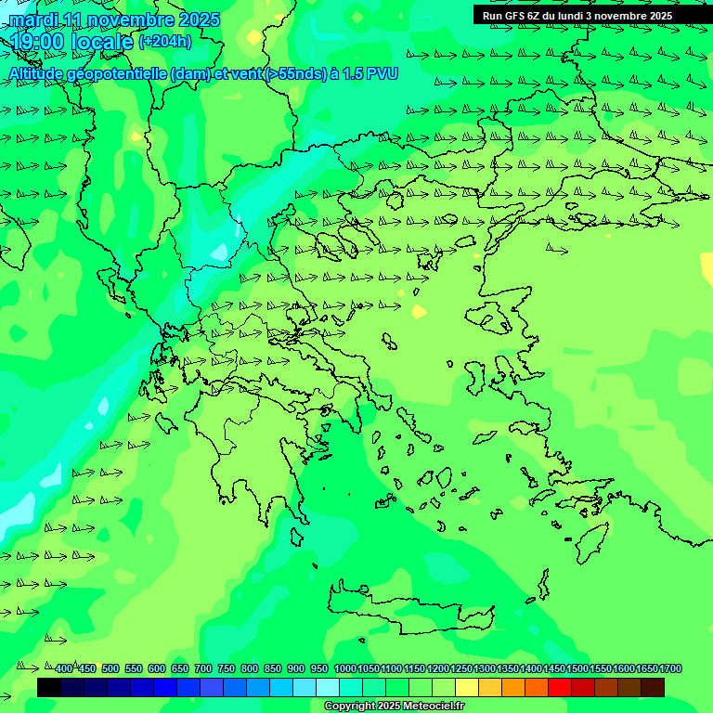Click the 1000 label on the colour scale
(x=345, y=668)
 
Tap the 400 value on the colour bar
(x=64, y=668)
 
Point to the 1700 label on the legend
(x=671, y=668)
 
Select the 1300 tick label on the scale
(x=485, y=668)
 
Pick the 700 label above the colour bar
(x=203, y=668)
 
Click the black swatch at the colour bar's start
(x=49, y=687)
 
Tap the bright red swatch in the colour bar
(x=560, y=687)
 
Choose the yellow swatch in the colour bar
(x=467, y=687)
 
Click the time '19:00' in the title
(x=37, y=42)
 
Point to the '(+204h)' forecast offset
(x=165, y=41)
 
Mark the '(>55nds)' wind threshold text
(x=293, y=73)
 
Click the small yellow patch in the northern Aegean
(x=419, y=311)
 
